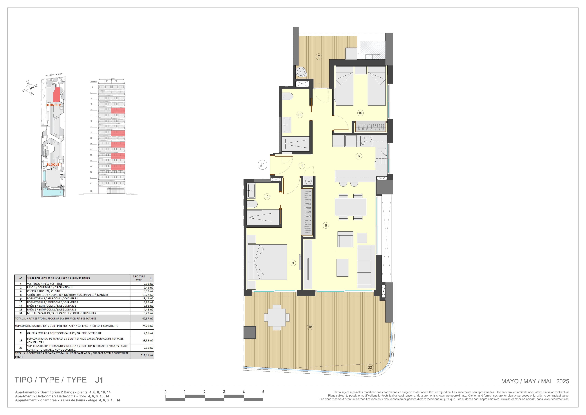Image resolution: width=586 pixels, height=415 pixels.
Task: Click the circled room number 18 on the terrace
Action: click(310, 327)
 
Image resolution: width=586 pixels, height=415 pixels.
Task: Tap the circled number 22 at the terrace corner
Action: click(370, 367)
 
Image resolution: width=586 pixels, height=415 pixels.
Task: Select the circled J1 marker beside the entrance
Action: click(262, 165)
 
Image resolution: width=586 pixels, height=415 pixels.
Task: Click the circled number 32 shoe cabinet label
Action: click(308, 181)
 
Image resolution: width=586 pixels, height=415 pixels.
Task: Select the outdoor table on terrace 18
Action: click(277, 317)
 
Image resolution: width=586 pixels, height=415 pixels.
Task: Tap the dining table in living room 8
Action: click(350, 207)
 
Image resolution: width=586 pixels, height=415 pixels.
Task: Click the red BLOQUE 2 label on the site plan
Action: click(53, 105)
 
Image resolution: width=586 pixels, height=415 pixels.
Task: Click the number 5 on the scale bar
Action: click(263, 392)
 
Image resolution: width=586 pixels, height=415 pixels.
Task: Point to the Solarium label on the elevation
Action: click(93, 81)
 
